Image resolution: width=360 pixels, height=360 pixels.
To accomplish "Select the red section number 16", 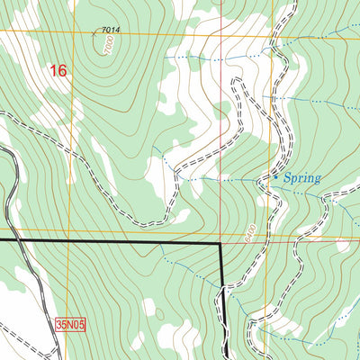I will pos(59,70).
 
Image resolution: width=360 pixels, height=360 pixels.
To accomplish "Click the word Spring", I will pos(301,178).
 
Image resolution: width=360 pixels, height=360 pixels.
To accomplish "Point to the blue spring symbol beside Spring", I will pos(275,177).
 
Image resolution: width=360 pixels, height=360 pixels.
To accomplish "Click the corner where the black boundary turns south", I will pos(222,243).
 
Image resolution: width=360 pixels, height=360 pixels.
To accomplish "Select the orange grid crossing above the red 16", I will pos(69,34).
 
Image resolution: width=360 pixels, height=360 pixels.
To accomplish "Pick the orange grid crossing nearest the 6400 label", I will pos(274,240).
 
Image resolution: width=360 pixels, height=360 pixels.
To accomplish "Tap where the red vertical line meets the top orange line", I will pos(217,36).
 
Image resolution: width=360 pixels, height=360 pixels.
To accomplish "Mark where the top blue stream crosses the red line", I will pos(217,56).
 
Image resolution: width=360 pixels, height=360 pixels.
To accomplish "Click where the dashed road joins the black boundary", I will pos(223,286).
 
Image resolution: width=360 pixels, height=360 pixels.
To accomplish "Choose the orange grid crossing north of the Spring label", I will pos(274,37).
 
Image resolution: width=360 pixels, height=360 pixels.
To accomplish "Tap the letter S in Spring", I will pos(287,178).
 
